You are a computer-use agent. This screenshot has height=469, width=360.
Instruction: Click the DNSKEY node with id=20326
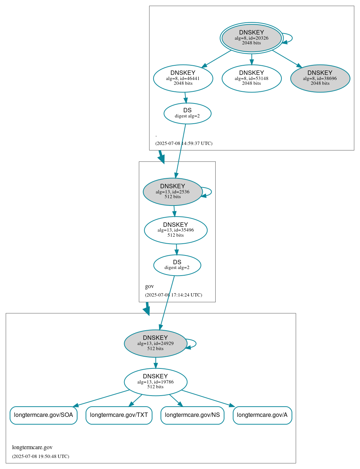pos(252,38)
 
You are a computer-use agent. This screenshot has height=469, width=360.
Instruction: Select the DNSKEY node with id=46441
pos(183,78)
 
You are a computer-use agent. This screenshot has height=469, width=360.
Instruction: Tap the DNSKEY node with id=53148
pos(252,78)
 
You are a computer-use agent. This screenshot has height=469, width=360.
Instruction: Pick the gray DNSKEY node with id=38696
pos(320,78)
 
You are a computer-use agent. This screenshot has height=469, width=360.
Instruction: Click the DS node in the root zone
pos(187,113)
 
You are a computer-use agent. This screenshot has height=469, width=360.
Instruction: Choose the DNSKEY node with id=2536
pos(173,192)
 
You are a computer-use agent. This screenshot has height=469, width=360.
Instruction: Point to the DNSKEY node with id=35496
pos(176,230)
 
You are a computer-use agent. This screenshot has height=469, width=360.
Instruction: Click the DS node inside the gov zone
pos(177,265)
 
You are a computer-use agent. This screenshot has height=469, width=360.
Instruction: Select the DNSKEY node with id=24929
pos(155,343)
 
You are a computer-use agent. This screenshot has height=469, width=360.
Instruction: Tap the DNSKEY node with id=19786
pos(155,382)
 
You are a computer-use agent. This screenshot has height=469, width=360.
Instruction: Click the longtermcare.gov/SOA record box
pos(43,415)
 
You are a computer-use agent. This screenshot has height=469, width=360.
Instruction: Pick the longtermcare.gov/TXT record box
pos(119,415)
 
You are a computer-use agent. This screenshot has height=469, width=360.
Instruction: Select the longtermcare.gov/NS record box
pos(192,415)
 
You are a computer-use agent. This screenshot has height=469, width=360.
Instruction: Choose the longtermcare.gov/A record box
pos(262,415)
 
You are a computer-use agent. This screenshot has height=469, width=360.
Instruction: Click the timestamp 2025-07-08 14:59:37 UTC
pos(184,143)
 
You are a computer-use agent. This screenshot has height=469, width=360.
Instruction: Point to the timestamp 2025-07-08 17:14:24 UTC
pos(173,295)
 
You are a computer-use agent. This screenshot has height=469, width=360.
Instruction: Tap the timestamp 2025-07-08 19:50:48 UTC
pos(40,457)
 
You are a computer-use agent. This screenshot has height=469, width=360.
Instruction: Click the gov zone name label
pos(150,286)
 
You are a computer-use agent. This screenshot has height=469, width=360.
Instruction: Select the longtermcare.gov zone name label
pos(32,447)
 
